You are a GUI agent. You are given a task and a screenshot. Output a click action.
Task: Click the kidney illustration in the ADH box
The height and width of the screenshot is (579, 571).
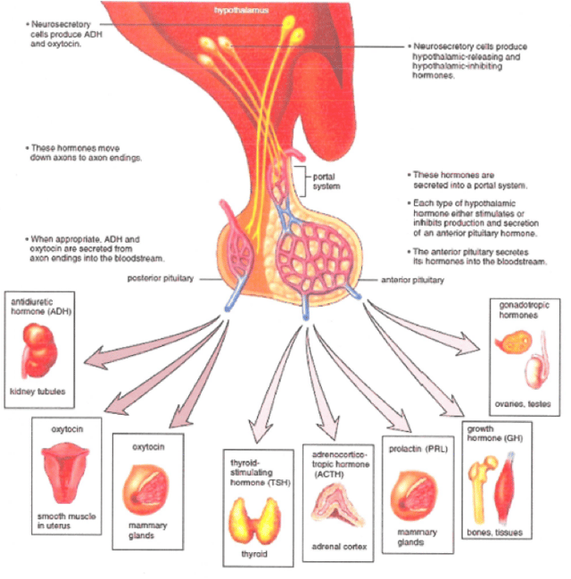[39, 352]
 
